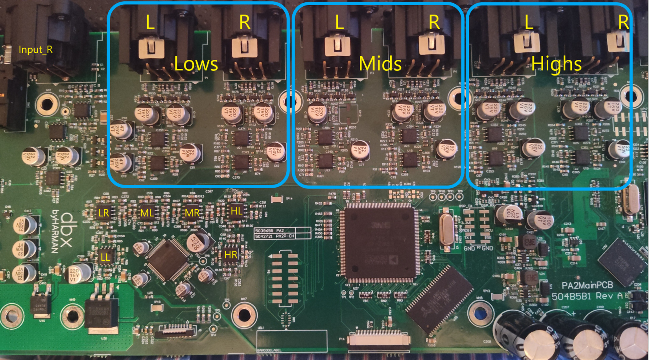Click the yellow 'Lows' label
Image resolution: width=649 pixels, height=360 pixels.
click(x=196, y=64)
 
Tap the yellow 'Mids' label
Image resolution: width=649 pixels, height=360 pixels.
click(x=380, y=64)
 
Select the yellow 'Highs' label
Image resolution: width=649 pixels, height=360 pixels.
click(x=556, y=64)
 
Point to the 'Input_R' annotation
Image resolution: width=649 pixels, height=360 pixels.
click(x=35, y=50)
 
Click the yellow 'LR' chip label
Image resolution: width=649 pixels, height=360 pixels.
click(x=104, y=213)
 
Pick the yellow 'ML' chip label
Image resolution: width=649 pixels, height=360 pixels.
click(x=147, y=213)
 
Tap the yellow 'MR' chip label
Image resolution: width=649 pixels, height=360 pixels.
click(x=192, y=213)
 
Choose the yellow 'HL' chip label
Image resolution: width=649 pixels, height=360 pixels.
click(x=236, y=211)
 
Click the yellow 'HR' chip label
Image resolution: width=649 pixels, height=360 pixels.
click(x=231, y=255)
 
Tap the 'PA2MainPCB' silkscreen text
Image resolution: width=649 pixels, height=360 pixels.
click(x=587, y=285)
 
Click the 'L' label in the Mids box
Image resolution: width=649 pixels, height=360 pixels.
click(x=339, y=22)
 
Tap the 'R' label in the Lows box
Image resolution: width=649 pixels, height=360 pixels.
click(x=244, y=22)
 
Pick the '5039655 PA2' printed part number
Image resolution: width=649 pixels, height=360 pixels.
click(x=269, y=231)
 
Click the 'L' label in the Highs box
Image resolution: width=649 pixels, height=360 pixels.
click(x=529, y=22)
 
